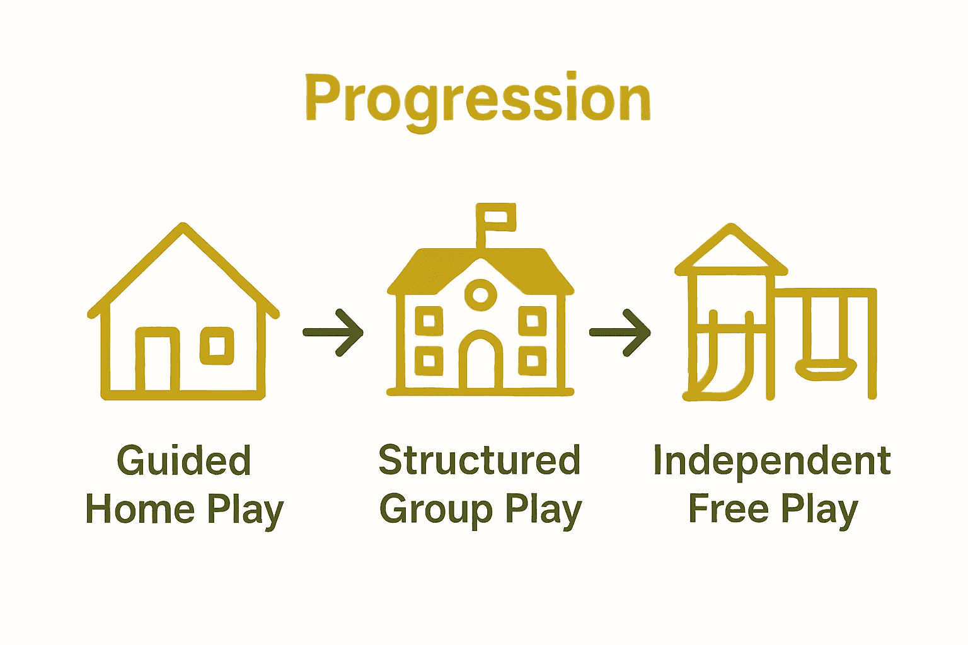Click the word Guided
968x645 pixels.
point(184,460)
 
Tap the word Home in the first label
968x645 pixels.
point(140,509)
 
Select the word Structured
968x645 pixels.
point(479,460)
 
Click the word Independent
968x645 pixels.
point(772,460)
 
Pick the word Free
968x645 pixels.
point(729,509)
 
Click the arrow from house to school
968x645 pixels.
point(333,332)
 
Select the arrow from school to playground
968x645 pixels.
point(620,332)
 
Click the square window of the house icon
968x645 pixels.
point(217,346)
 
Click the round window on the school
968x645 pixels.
point(480,294)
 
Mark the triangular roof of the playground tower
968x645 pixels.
point(731,252)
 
